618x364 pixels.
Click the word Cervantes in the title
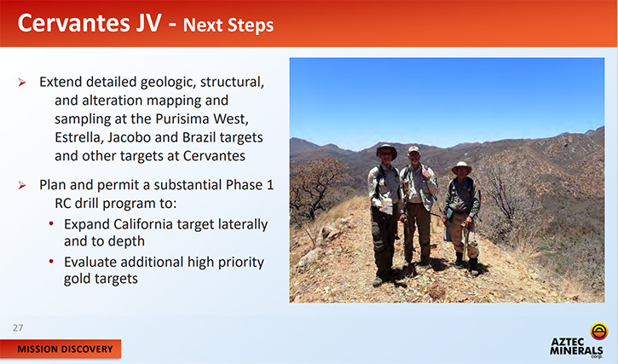click(x=73, y=23)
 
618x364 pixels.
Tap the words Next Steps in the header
click(x=228, y=25)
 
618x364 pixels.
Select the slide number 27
click(x=18, y=327)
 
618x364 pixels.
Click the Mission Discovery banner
click(x=61, y=349)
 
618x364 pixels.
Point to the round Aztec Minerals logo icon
click(x=598, y=332)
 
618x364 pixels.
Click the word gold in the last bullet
click(x=77, y=279)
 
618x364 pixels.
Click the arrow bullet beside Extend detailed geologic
click(x=22, y=83)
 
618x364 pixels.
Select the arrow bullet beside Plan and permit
click(x=22, y=185)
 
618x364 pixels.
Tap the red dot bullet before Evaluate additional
click(x=51, y=261)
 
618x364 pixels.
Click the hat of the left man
click(x=386, y=149)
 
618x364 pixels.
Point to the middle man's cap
click(x=413, y=149)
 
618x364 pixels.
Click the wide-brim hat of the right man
click(x=461, y=168)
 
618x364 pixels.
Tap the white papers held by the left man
click(x=387, y=205)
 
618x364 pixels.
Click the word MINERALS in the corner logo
click(x=576, y=350)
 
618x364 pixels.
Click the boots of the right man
click(x=466, y=263)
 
